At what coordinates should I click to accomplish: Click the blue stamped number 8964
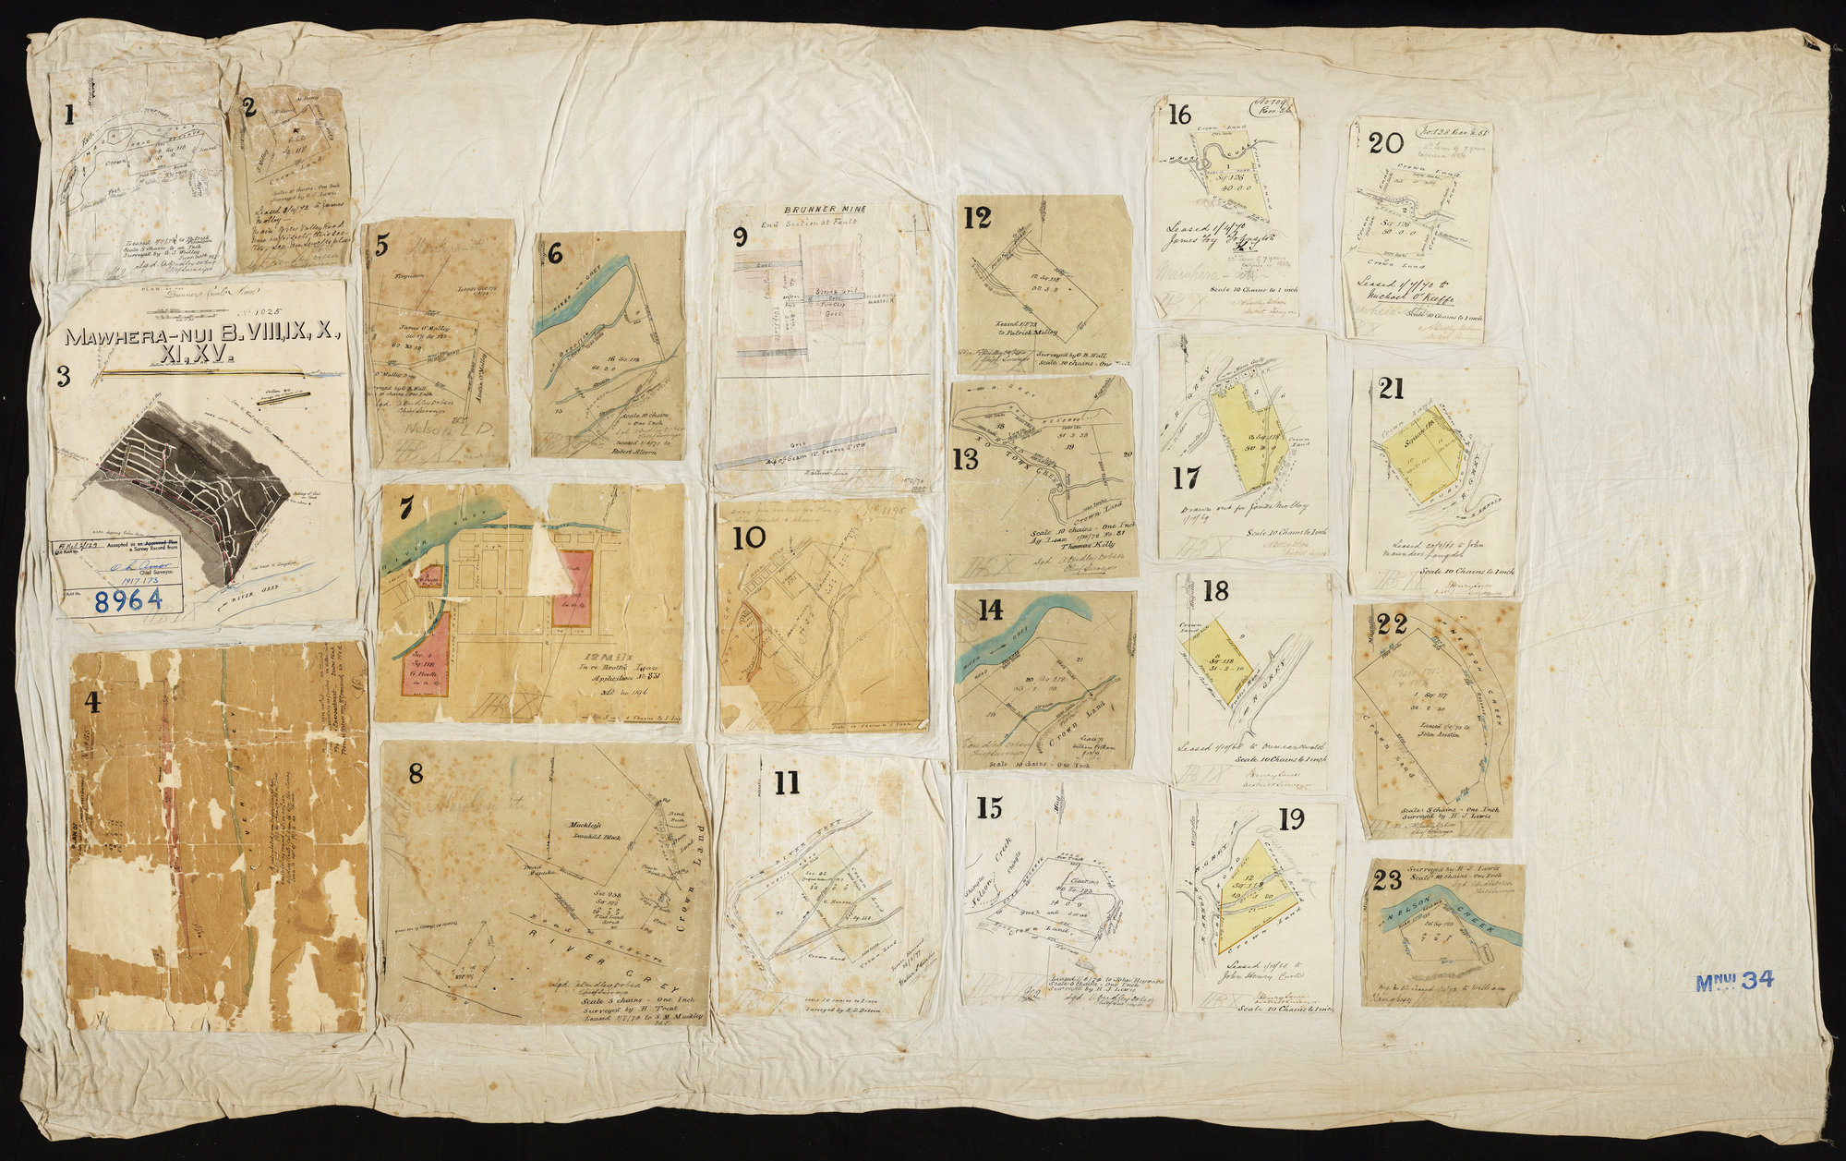128,599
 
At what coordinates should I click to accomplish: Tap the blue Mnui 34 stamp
1733,981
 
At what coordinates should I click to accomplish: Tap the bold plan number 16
1179,115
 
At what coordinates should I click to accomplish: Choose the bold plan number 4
91,703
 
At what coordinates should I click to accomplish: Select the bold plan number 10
749,538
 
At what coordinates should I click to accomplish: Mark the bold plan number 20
1386,143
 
